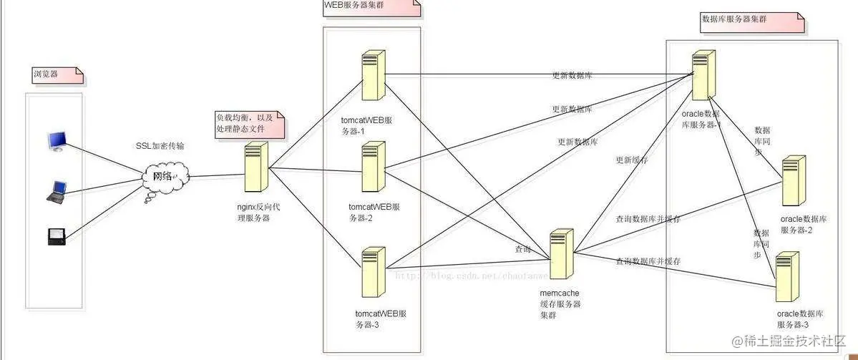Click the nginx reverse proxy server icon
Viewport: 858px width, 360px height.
[256, 166]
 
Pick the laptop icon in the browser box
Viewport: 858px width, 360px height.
[57, 190]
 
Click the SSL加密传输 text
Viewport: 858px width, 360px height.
[160, 145]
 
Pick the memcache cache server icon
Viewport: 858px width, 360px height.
[561, 253]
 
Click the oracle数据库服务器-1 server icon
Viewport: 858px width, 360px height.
[703, 74]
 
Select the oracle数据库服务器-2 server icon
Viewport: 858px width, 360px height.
[792, 180]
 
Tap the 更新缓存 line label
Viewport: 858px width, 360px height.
[631, 160]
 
